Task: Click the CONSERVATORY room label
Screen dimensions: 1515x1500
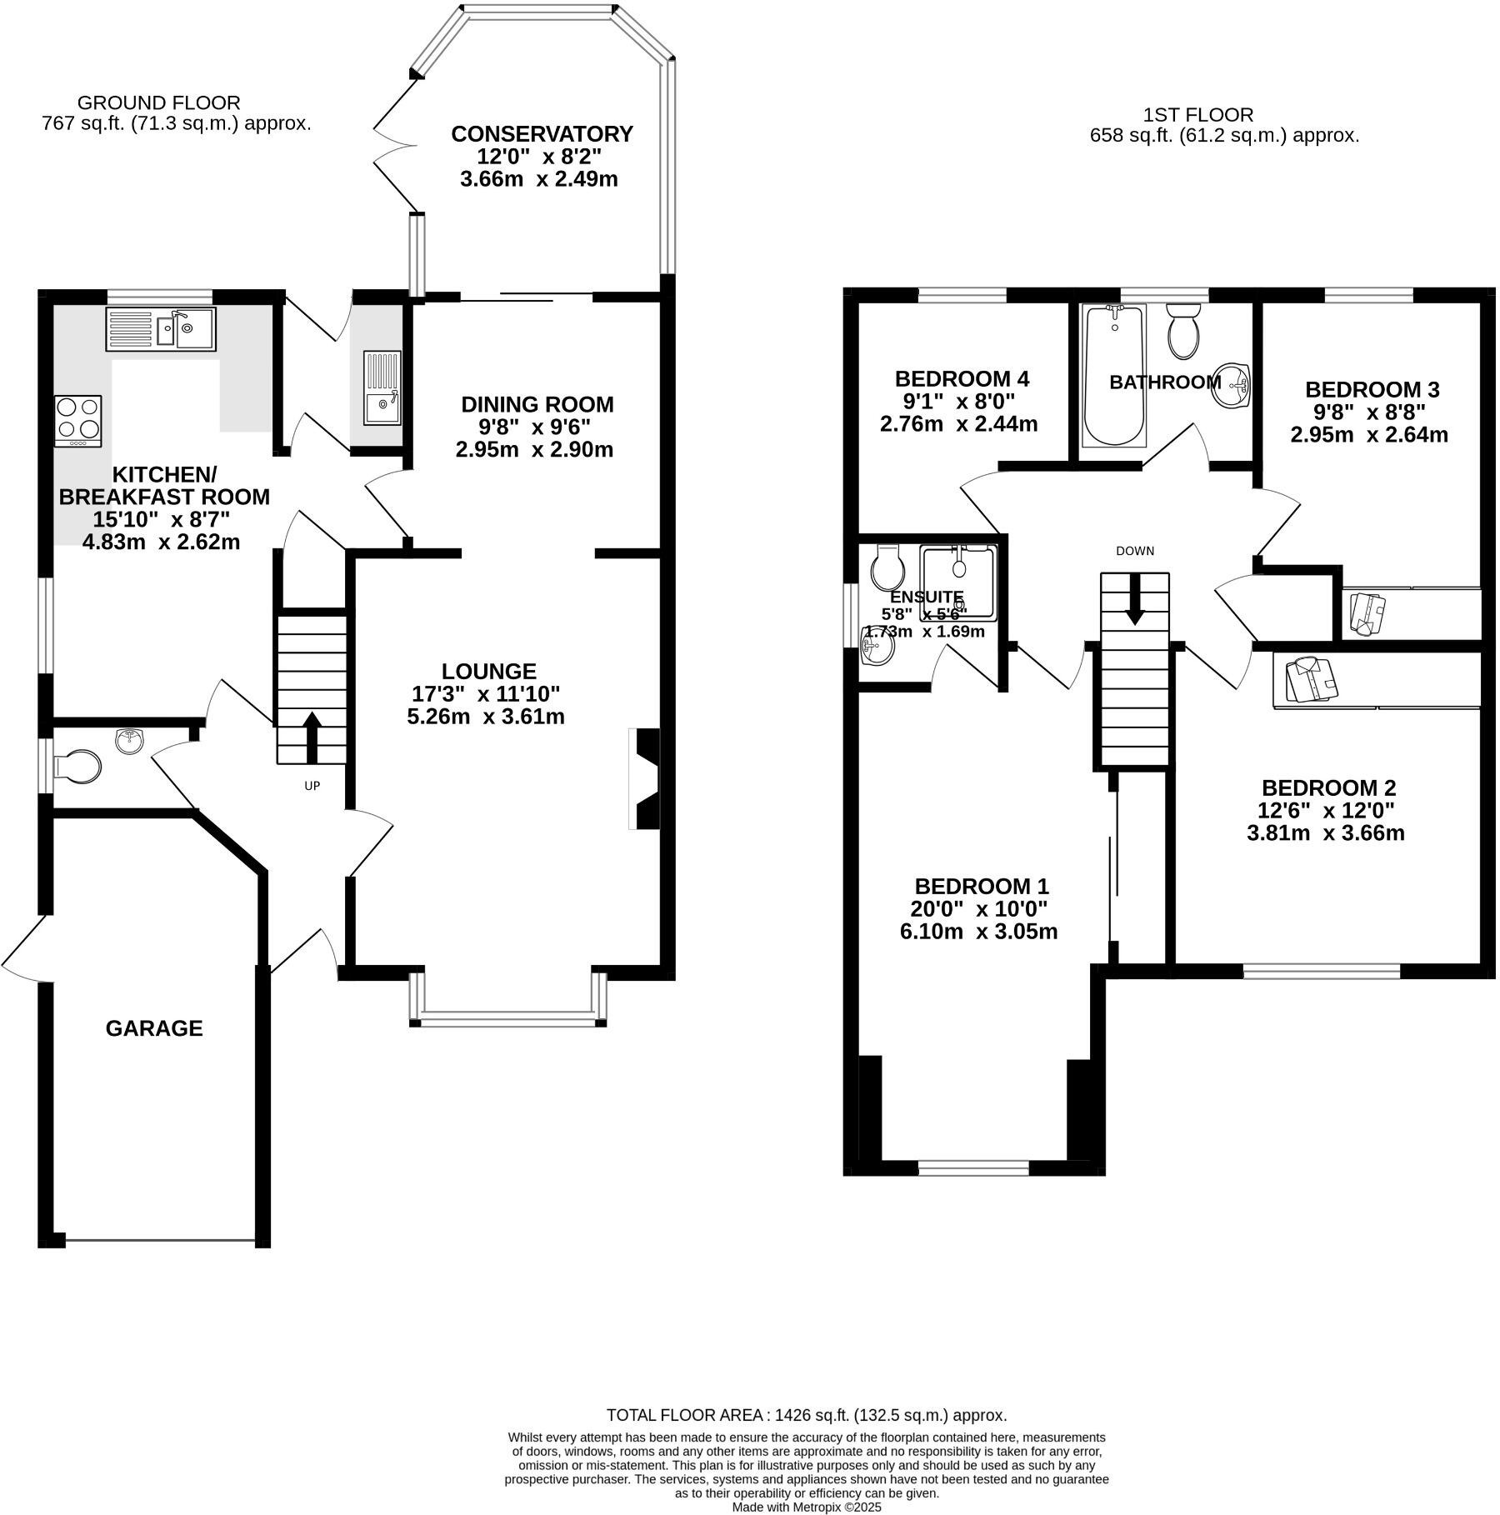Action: [x=542, y=134]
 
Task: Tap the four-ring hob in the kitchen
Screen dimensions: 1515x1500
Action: [x=78, y=421]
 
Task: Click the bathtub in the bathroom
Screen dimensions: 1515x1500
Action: [x=1114, y=375]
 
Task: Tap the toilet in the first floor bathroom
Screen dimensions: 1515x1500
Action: [x=1182, y=332]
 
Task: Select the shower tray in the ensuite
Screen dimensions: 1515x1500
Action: [x=958, y=582]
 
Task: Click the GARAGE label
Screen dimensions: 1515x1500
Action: [x=154, y=1028]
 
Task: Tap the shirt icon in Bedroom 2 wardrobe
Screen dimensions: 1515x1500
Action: [x=1311, y=678]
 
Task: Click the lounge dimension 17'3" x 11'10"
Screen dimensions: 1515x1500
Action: [x=486, y=693]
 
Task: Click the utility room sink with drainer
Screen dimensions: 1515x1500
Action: [x=382, y=388]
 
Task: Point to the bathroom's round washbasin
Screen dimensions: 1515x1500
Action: [x=1232, y=386]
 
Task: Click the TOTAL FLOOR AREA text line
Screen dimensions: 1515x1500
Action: [x=806, y=1414]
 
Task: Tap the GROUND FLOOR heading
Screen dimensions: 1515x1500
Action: [x=158, y=102]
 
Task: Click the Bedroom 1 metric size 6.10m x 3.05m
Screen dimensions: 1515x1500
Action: [x=978, y=932]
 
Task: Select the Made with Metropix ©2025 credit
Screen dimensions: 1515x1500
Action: [x=806, y=1507]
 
